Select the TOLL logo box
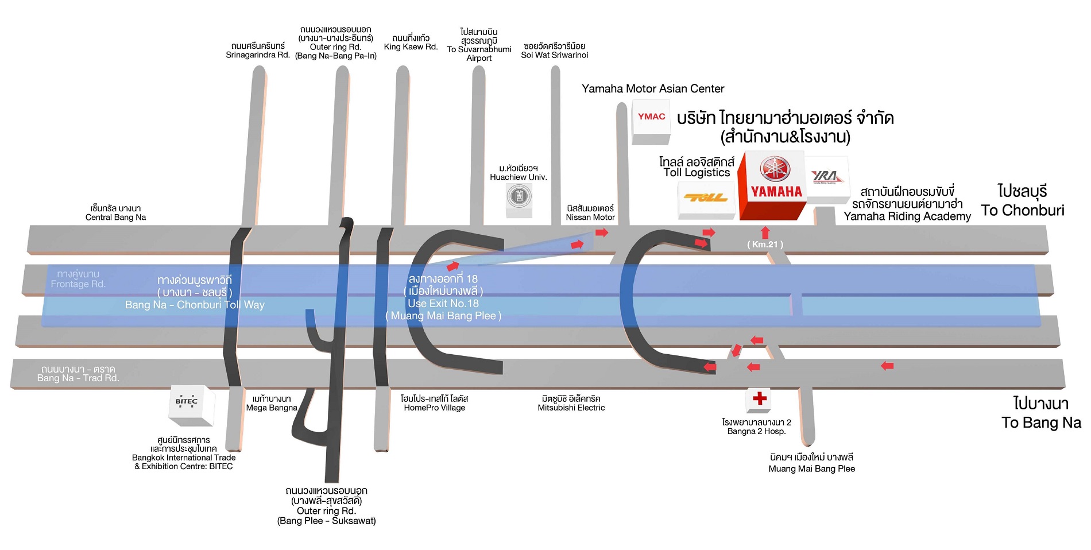[x=706, y=199]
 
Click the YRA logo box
[x=827, y=178]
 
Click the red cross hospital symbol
[x=759, y=398]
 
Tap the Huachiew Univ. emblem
[x=519, y=197]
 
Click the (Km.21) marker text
[x=765, y=245]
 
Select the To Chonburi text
[x=1023, y=211]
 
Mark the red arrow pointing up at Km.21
[x=765, y=232]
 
